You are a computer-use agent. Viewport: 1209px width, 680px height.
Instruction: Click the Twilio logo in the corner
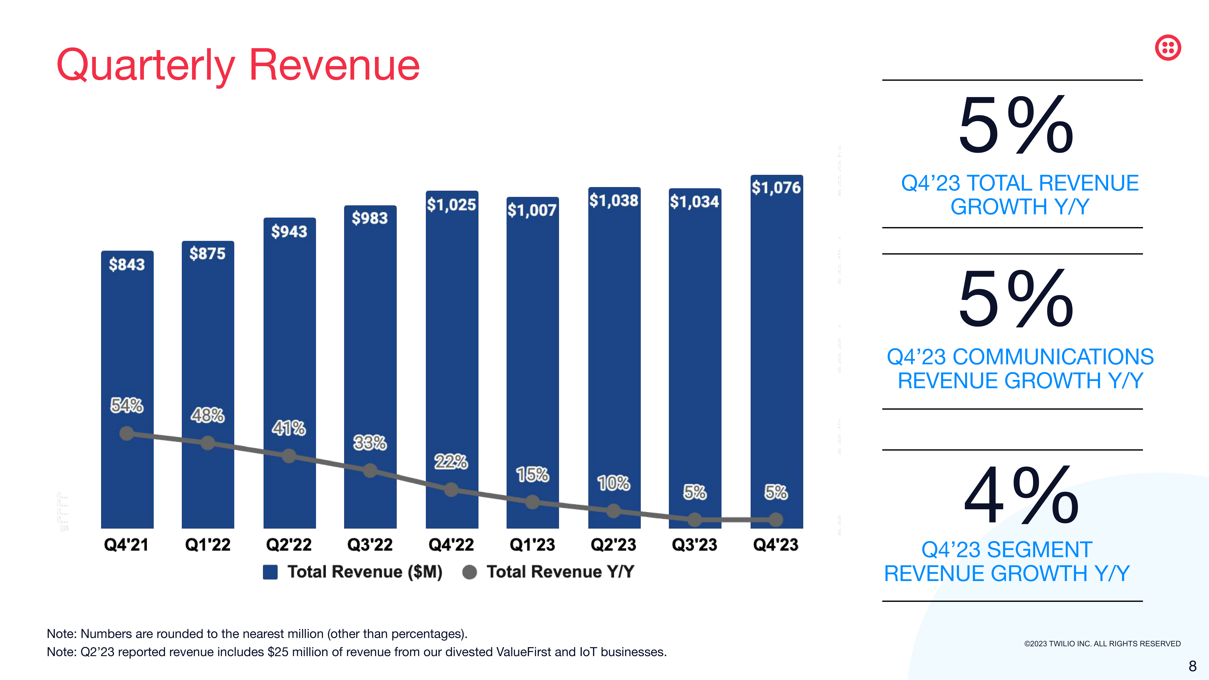click(x=1168, y=47)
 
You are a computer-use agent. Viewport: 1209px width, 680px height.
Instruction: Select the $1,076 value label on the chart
click(x=776, y=188)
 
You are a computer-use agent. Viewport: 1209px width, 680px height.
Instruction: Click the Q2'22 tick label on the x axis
click(x=289, y=545)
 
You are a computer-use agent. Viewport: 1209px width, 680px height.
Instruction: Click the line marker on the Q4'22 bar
click(x=451, y=490)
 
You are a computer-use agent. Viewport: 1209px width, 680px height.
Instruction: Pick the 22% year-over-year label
click(x=451, y=462)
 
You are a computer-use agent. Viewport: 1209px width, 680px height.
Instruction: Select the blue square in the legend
click(x=270, y=572)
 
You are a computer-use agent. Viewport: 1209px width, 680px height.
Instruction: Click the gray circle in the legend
click(x=469, y=572)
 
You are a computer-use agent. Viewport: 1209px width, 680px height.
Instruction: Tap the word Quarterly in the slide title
click(x=146, y=66)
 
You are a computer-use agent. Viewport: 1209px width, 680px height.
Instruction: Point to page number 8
click(x=1192, y=666)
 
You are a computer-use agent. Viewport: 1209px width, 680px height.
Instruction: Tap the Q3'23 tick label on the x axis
click(x=695, y=545)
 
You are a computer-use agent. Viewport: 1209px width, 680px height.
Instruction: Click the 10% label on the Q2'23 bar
click(x=613, y=483)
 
